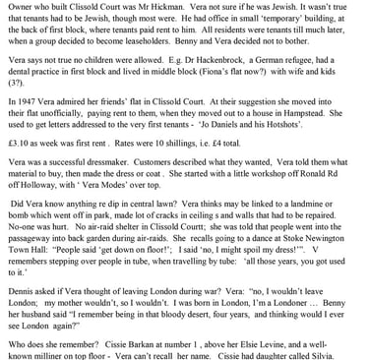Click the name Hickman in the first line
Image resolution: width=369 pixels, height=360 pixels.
tap(155, 7)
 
